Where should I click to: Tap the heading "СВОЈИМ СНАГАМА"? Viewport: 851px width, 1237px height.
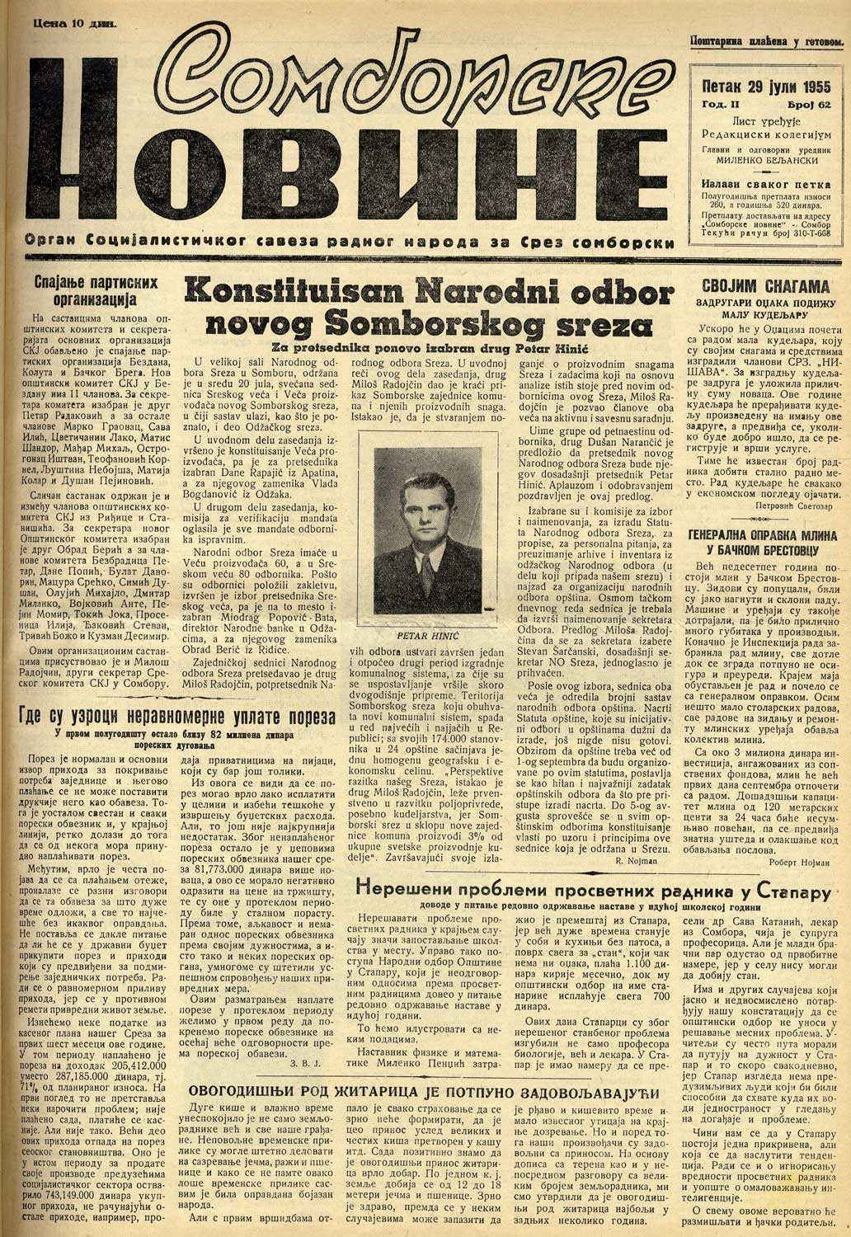tap(764, 288)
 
